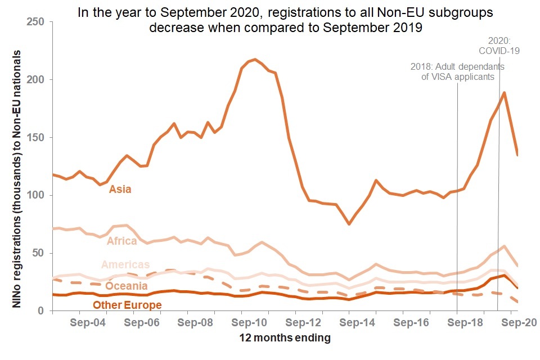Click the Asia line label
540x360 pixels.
point(120,190)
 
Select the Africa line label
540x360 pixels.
point(122,241)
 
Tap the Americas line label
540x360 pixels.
point(125,265)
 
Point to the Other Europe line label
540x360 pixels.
point(127,305)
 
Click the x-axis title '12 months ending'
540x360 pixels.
point(285,339)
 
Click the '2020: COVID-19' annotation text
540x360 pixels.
point(498,46)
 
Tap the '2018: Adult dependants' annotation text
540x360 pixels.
point(457,71)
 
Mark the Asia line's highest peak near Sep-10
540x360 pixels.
point(255,59)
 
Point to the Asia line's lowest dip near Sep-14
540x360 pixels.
point(349,224)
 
